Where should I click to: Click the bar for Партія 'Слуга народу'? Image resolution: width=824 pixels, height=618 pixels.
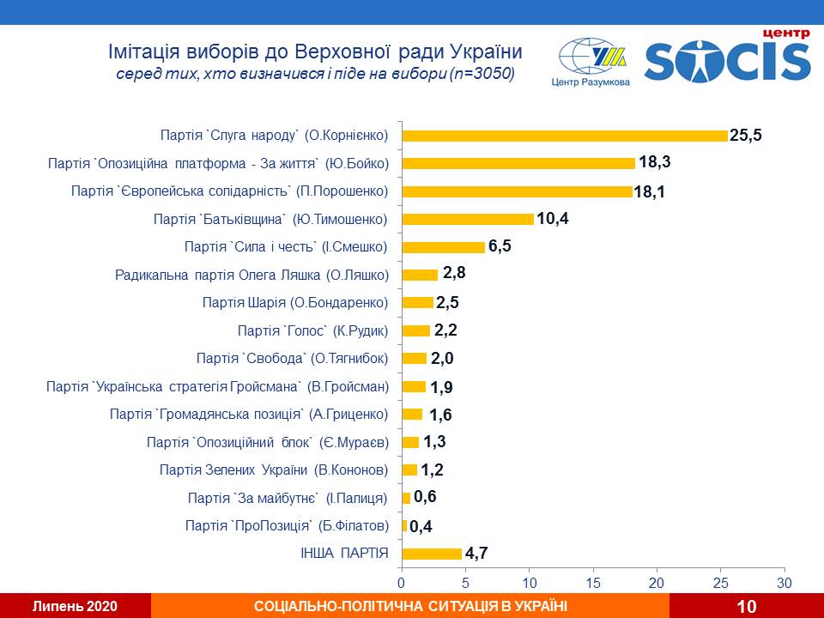[x=565, y=136]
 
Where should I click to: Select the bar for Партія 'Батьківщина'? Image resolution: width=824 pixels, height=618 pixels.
[x=468, y=219]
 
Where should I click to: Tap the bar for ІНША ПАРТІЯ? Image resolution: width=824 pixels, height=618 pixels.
[x=432, y=554]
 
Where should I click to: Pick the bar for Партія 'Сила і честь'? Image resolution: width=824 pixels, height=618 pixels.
[x=444, y=247]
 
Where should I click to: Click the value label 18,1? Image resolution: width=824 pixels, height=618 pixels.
[x=650, y=191]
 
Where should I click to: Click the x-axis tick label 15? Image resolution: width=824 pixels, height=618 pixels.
[x=593, y=582]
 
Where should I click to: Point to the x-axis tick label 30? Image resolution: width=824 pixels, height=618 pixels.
[x=784, y=582]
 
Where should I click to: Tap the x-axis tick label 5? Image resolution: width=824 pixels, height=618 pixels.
[x=466, y=582]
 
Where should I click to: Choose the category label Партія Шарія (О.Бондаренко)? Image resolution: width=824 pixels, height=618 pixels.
[x=295, y=303]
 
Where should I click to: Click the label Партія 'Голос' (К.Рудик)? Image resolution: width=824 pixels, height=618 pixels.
[x=312, y=330]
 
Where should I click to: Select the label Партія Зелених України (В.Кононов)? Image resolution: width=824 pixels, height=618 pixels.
[x=274, y=470]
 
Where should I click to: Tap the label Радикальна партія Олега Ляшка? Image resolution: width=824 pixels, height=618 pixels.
[x=251, y=275]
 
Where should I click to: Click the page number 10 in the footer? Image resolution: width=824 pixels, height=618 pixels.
[x=746, y=606]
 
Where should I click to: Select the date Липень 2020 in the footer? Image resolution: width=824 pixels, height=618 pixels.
[x=75, y=606]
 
